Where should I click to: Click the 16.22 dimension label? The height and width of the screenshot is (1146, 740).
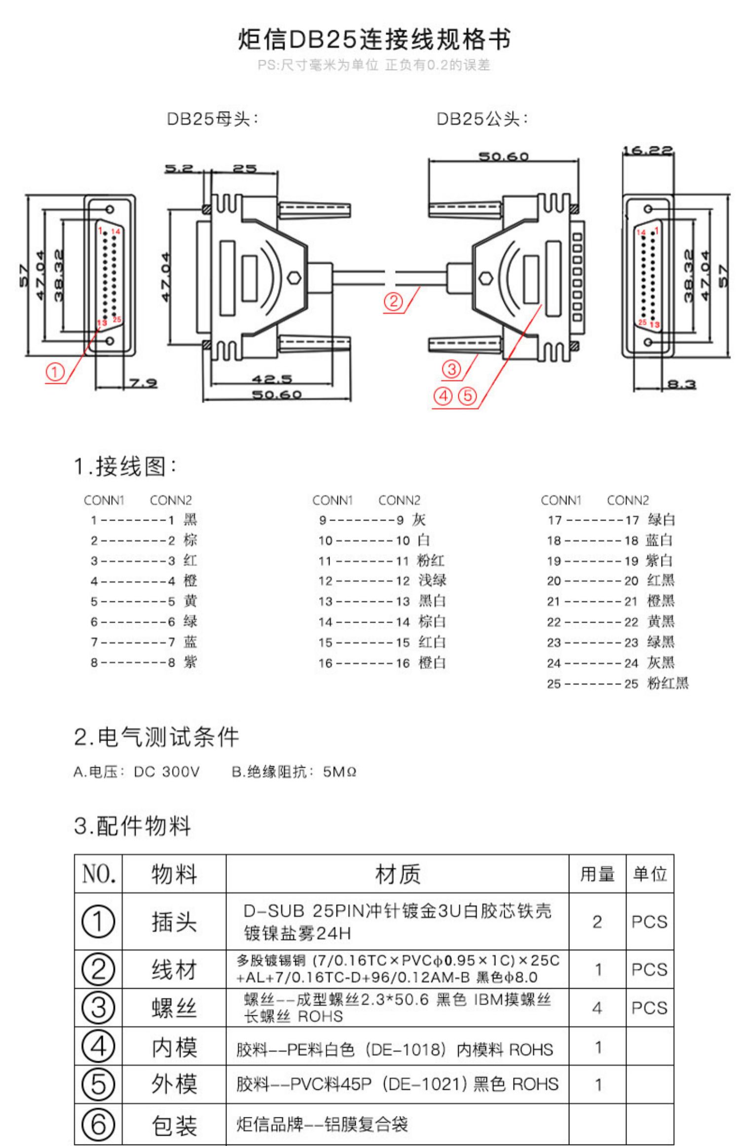tap(647, 150)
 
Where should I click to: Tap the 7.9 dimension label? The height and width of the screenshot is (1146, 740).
tap(143, 382)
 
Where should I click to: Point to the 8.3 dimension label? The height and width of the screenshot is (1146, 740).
tap(681, 383)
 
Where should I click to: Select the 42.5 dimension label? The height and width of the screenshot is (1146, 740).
tap(272, 379)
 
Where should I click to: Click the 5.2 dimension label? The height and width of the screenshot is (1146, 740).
tap(179, 168)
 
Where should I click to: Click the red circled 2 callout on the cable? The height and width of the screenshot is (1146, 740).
tap(393, 301)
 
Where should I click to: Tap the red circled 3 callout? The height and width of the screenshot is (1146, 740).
tap(451, 369)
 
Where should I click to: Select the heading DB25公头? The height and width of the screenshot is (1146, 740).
tap(482, 119)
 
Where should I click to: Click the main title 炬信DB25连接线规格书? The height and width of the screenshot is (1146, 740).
tap(374, 39)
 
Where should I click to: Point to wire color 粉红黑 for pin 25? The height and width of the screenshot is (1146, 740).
tap(667, 683)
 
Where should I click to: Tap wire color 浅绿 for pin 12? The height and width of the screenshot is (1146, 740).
tap(433, 580)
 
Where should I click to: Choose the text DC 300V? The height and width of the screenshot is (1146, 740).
tap(167, 771)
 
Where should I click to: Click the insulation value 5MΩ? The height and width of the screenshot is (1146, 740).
tap(339, 771)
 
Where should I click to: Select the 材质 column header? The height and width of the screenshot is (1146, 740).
tap(398, 874)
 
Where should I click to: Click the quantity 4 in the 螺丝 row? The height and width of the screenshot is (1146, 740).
tap(597, 1007)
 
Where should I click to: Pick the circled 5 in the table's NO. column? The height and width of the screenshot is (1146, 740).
tap(98, 1084)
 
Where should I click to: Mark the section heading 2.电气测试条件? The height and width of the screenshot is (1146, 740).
tap(156, 737)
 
